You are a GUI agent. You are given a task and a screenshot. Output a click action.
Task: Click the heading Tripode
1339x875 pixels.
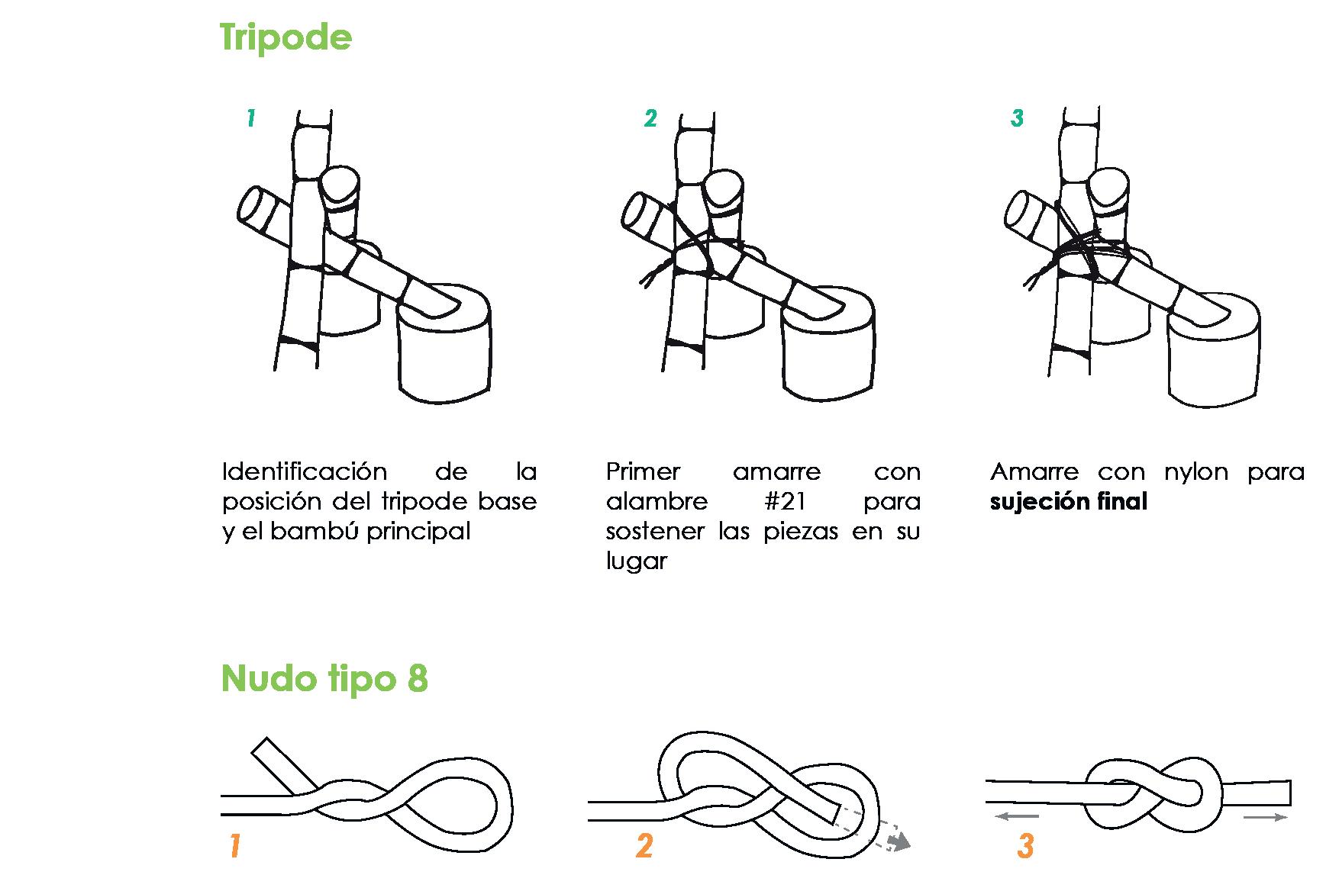click(x=286, y=37)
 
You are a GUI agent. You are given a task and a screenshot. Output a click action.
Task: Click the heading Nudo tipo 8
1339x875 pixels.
click(x=324, y=678)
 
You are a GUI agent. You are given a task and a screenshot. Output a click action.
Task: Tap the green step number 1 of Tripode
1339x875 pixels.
click(x=250, y=118)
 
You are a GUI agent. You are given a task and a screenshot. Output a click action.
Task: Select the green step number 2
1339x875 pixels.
click(x=650, y=118)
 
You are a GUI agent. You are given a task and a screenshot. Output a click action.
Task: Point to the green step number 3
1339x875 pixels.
click(x=1016, y=118)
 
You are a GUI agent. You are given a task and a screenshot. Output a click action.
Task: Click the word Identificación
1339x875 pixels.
click(x=305, y=471)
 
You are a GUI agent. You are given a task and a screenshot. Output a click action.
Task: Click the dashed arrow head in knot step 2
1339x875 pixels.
click(x=902, y=842)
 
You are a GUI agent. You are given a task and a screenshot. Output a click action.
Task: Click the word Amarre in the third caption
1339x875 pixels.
click(x=1034, y=471)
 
